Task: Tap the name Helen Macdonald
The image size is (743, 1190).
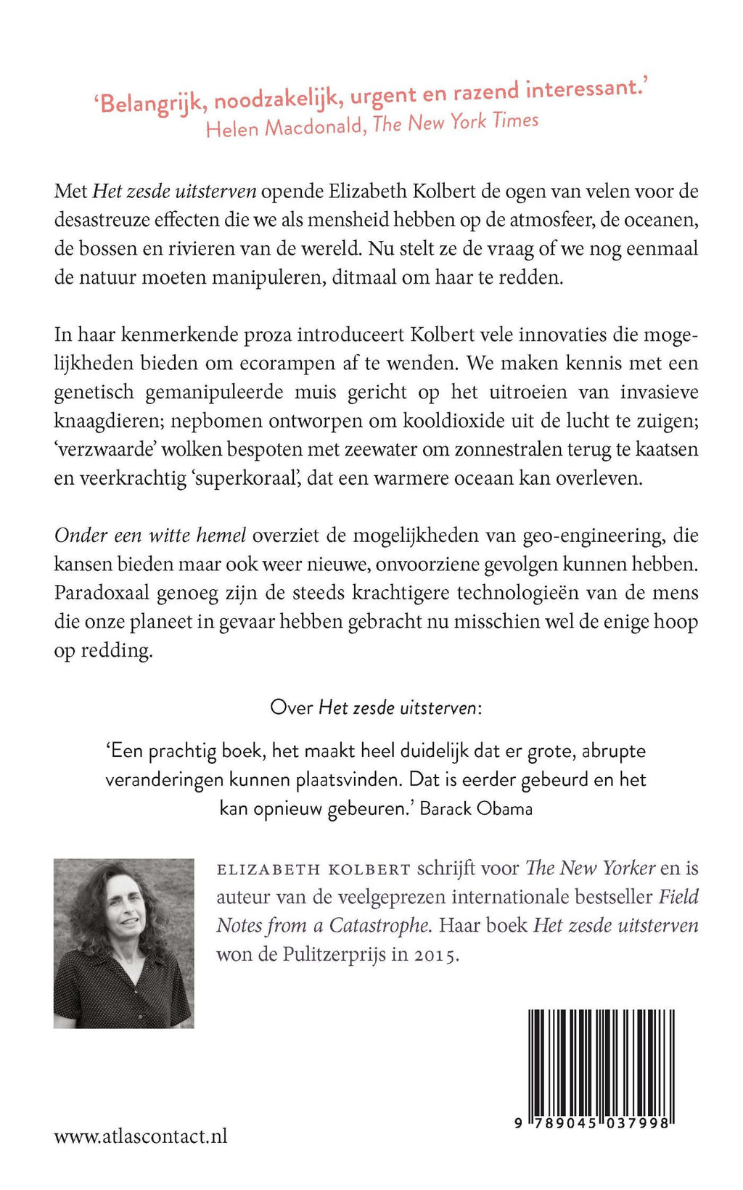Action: [284, 128]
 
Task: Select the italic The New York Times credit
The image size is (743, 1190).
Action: [456, 122]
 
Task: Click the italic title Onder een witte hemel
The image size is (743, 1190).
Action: [150, 535]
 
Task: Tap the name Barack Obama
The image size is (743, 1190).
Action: [476, 808]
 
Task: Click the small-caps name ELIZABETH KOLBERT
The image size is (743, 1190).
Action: [313, 869]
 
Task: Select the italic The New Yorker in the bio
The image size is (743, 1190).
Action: [590, 868]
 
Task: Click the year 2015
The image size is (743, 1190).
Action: [436, 955]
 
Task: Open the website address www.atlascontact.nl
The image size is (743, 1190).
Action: [141, 1136]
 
